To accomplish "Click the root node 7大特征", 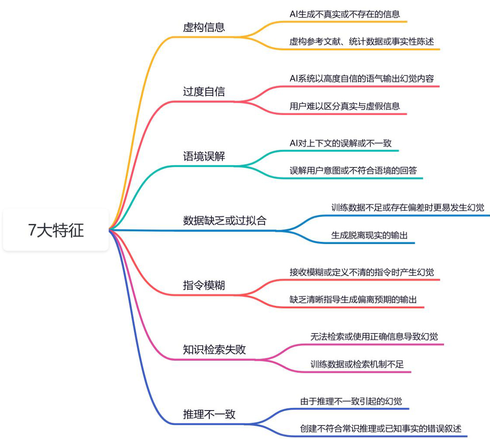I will tap(56, 230).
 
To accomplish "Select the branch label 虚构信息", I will tap(204, 28).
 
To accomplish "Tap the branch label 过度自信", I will tap(204, 92).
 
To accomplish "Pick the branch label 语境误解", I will tap(204, 156).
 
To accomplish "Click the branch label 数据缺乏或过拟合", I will tap(224, 220).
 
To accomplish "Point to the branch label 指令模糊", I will tap(204, 285).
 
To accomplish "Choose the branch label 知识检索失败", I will tap(214, 350).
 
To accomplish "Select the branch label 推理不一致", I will tap(209, 414).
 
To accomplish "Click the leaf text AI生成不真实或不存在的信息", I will tap(345, 14).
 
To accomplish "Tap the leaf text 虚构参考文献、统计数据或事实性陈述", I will tap(362, 42).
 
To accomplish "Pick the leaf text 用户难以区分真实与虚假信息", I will tap(345, 106).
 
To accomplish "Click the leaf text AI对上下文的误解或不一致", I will tap(341, 143).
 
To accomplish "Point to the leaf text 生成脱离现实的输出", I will tap(369, 235).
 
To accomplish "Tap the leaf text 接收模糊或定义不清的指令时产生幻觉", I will tap(362, 272).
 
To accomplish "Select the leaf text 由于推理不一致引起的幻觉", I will tap(351, 401).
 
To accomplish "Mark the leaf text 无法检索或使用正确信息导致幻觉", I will tap(374, 336).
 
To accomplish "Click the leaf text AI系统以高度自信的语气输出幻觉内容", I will tap(362, 78).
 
